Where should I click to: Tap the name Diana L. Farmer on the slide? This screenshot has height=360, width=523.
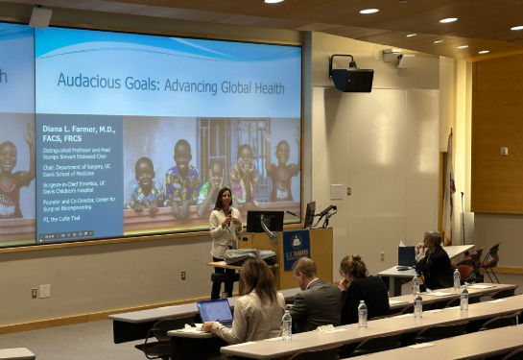pos(79,130)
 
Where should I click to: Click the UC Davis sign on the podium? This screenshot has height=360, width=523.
pos(296,243)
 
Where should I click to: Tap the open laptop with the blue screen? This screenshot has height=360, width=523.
pos(215,310)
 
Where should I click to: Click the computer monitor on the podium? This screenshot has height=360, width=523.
pos(265,221)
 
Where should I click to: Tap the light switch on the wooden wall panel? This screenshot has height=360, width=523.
pos(504,151)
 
